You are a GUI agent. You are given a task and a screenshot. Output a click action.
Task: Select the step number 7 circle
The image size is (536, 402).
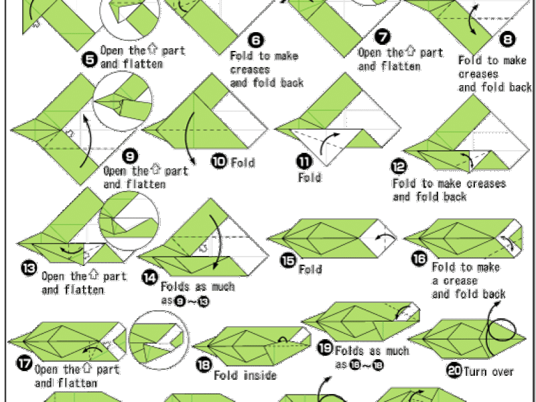pyautogui.click(x=383, y=37)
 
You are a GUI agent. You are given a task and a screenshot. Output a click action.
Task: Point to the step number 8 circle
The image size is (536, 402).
pyautogui.click(x=509, y=40)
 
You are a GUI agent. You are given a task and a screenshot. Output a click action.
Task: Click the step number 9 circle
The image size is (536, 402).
pyautogui.click(x=130, y=156)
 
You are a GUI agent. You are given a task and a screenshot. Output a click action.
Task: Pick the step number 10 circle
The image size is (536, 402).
pyautogui.click(x=218, y=161)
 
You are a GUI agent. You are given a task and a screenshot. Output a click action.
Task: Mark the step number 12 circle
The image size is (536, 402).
pyautogui.click(x=399, y=165)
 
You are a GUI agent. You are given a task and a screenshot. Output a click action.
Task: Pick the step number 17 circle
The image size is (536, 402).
pyautogui.click(x=23, y=365)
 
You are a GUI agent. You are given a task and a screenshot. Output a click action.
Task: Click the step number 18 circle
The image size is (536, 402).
pyautogui.click(x=203, y=365)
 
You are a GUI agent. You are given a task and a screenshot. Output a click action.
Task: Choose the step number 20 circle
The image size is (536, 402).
pyautogui.click(x=453, y=369)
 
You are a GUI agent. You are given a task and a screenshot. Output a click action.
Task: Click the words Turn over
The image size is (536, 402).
pyautogui.click(x=488, y=371)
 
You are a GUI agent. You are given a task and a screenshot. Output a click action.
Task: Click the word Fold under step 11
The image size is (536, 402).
pyautogui.click(x=310, y=178)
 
